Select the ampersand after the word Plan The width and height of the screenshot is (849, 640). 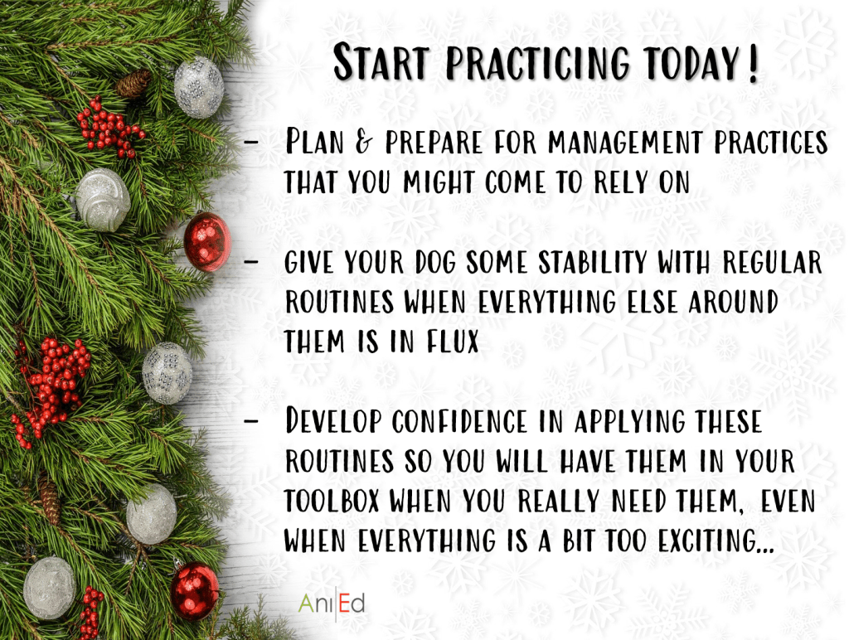point(364,142)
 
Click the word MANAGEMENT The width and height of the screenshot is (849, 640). point(625,142)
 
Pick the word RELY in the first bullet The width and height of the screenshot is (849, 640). point(620,182)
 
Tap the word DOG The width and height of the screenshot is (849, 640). point(435,263)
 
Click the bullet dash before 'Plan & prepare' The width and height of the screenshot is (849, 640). point(250,142)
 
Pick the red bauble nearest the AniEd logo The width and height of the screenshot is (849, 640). point(194,590)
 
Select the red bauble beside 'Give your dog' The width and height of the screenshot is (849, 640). point(206,242)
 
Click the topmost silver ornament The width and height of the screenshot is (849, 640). point(199,87)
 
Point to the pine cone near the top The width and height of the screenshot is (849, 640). point(133,83)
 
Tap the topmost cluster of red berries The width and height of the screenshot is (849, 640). point(109,128)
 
